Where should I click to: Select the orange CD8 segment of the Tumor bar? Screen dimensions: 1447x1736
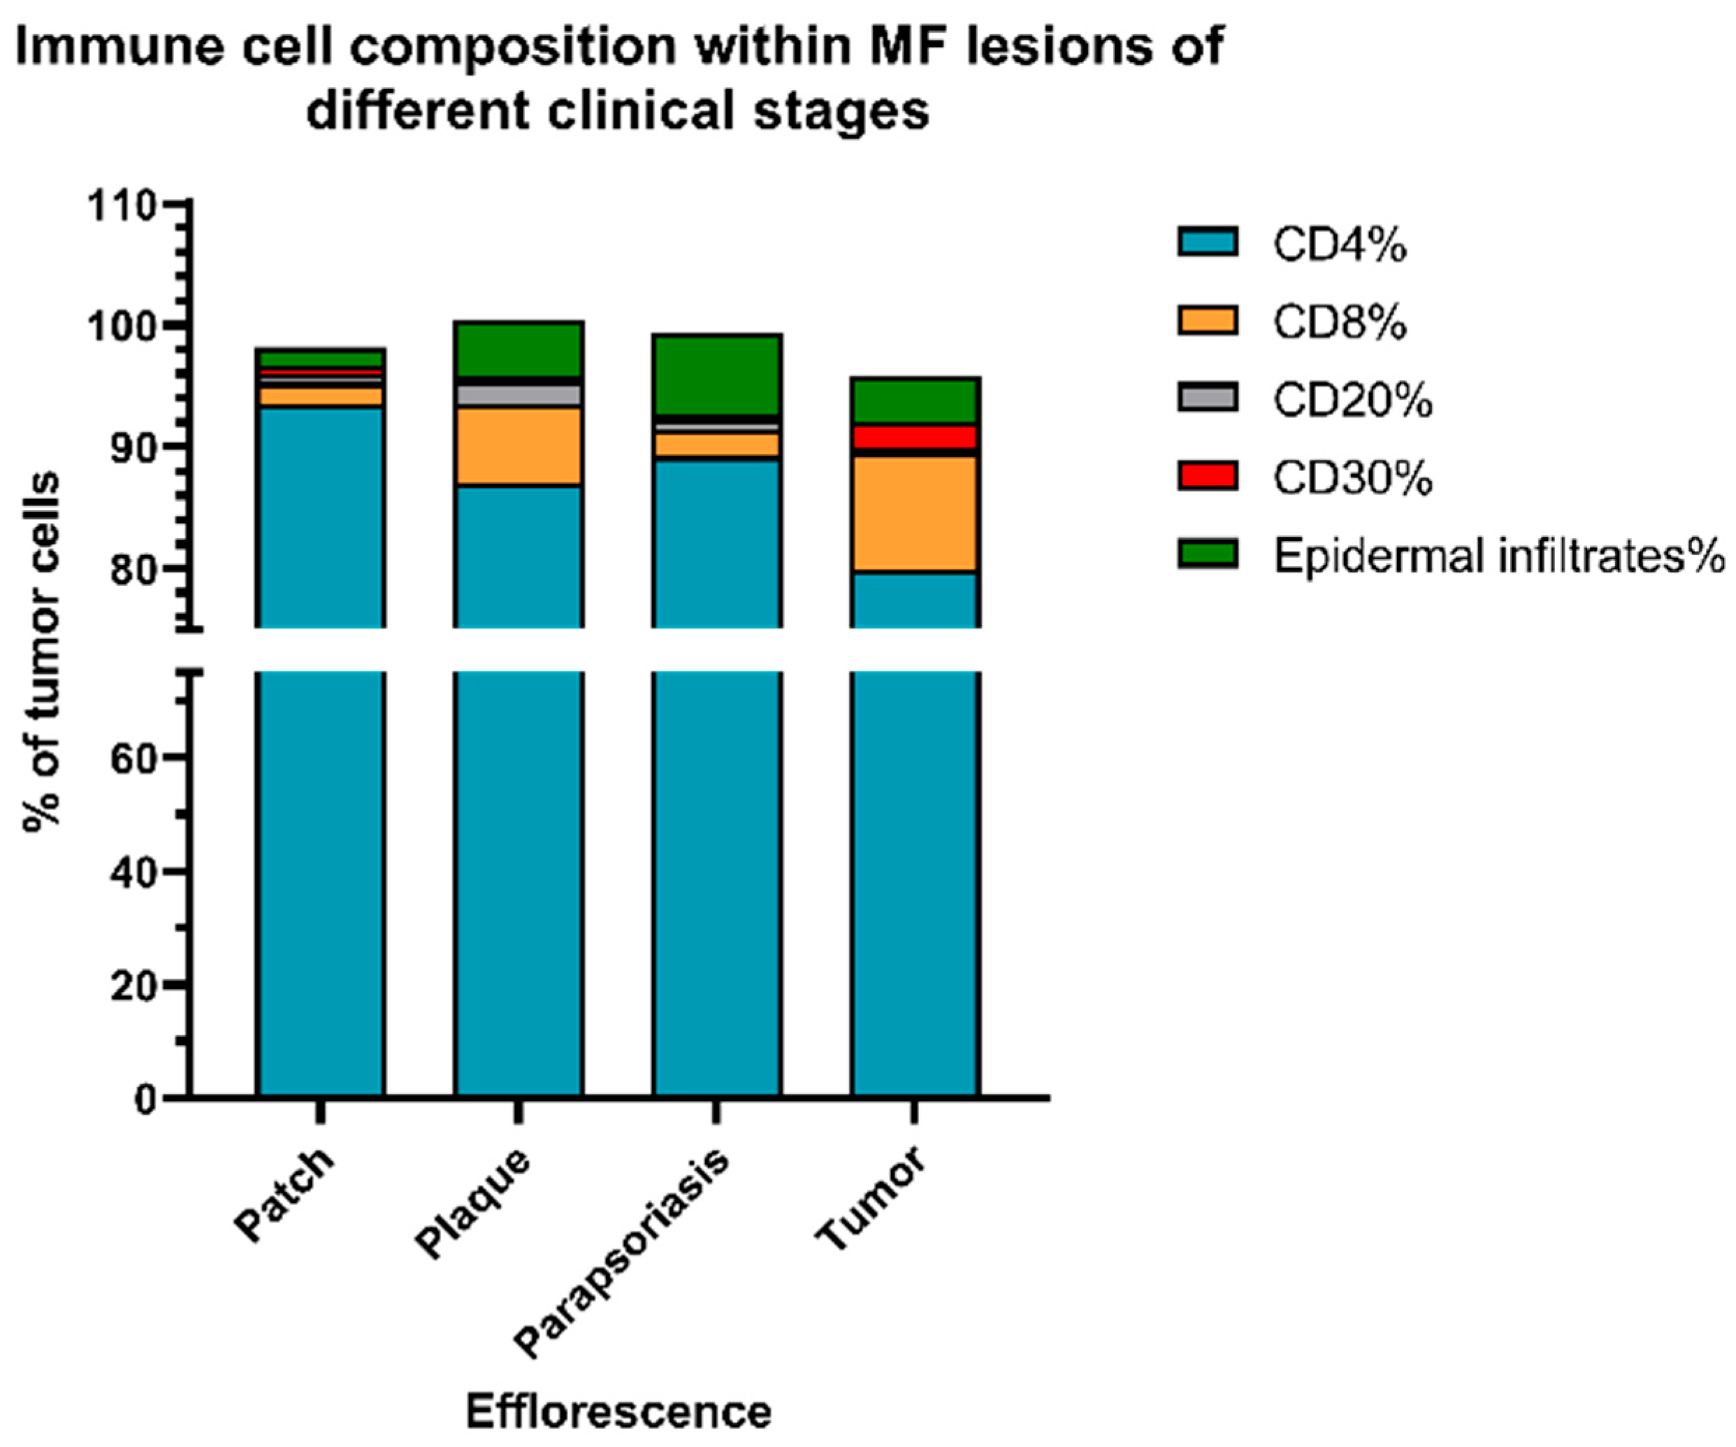[915, 512]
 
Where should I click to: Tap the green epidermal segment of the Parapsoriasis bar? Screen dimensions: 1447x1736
[717, 375]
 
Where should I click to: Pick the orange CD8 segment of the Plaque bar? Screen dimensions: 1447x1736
[519, 446]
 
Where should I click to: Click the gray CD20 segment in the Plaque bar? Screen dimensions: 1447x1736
[519, 395]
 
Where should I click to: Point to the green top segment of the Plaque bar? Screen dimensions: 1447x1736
[519, 349]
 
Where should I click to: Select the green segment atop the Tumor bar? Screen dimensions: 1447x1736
[915, 401]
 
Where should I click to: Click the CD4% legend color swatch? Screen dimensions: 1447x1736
[1207, 243]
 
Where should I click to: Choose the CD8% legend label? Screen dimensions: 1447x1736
[1339, 322]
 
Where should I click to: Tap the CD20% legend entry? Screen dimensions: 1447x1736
[1352, 401]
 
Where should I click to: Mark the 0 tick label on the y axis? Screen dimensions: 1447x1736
[145, 1100]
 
